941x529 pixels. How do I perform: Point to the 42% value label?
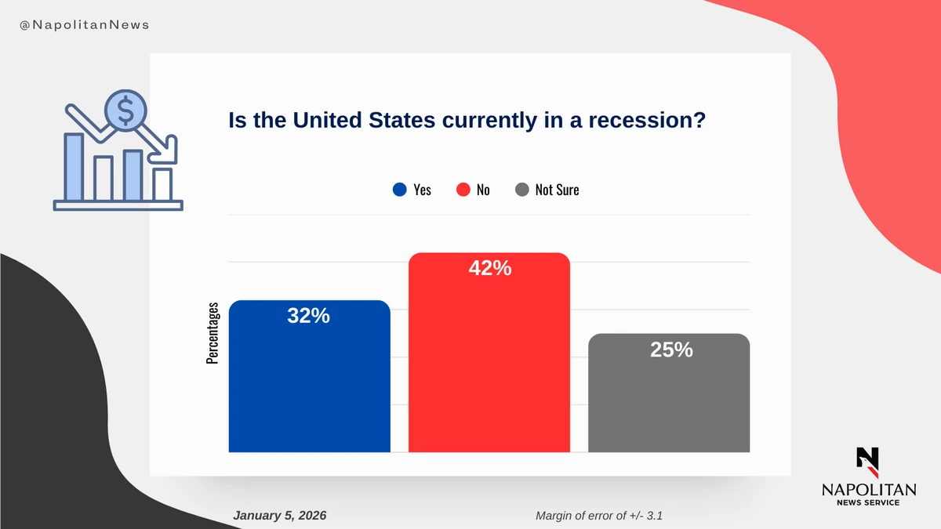(x=489, y=269)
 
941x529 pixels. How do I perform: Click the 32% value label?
(x=308, y=317)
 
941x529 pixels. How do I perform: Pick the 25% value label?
(x=671, y=350)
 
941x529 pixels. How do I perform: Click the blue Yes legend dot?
(x=399, y=190)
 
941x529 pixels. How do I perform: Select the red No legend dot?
(x=463, y=190)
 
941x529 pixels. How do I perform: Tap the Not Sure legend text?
(x=557, y=190)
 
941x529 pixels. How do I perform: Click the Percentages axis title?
(x=213, y=334)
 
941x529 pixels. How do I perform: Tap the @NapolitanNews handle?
(x=84, y=25)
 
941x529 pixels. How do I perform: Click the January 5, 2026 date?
(x=280, y=515)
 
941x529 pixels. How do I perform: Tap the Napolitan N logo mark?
(x=868, y=462)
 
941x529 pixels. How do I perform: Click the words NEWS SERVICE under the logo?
(x=868, y=502)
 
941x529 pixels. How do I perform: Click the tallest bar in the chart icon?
(x=74, y=167)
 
